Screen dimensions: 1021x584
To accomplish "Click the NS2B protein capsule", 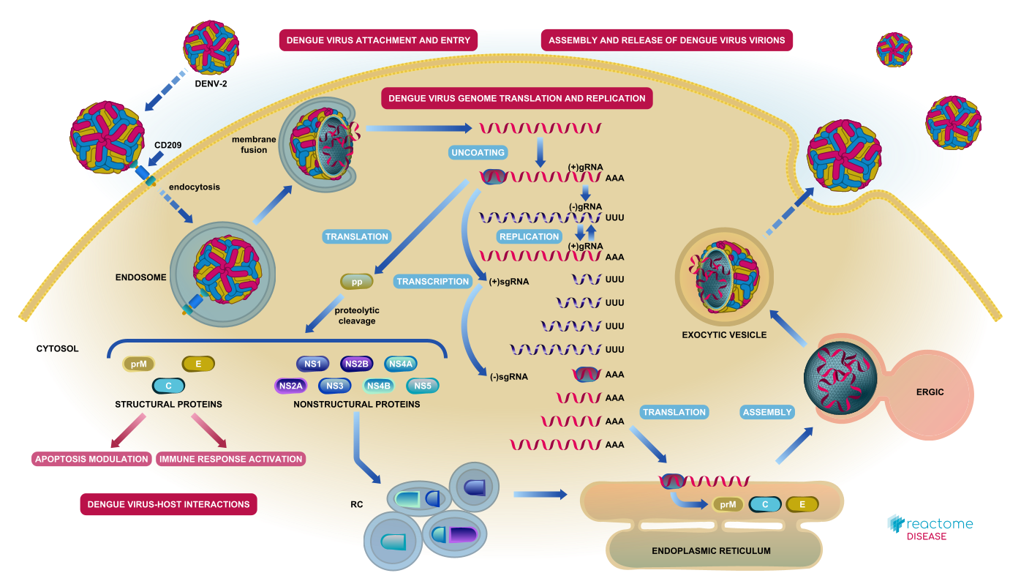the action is coord(356,364).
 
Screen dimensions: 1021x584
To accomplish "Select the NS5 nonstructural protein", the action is coord(423,386).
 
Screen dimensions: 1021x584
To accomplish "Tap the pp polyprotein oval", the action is coord(356,282).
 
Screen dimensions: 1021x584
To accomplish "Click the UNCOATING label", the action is coord(478,152).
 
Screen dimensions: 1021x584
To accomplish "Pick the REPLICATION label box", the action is coord(530,236).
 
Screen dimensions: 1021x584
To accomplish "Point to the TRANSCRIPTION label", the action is coord(432,282).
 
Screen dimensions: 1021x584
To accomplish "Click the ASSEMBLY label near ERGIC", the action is coord(767,412).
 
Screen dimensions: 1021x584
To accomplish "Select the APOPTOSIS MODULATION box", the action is coord(91,459).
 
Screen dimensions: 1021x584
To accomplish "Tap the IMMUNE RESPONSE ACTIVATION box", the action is coord(230,459).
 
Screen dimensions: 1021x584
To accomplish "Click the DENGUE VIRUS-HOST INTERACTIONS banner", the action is coord(169,504).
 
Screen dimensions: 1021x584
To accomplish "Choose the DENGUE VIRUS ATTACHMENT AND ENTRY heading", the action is coord(378,40).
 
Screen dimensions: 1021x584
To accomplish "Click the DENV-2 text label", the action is coord(211,84).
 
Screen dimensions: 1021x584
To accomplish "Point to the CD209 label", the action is coord(167,145).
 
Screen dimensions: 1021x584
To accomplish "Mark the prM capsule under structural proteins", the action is coord(138,364).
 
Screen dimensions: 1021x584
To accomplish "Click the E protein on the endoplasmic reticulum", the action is coord(802,504).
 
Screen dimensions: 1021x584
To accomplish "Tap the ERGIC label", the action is coord(930,392).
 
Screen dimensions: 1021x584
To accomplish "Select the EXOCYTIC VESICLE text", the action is coord(724,335).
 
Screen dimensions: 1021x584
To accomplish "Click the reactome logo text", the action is coord(939,523).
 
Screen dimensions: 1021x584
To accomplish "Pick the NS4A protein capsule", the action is coord(401,364).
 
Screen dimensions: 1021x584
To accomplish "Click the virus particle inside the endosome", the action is coord(227,269).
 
